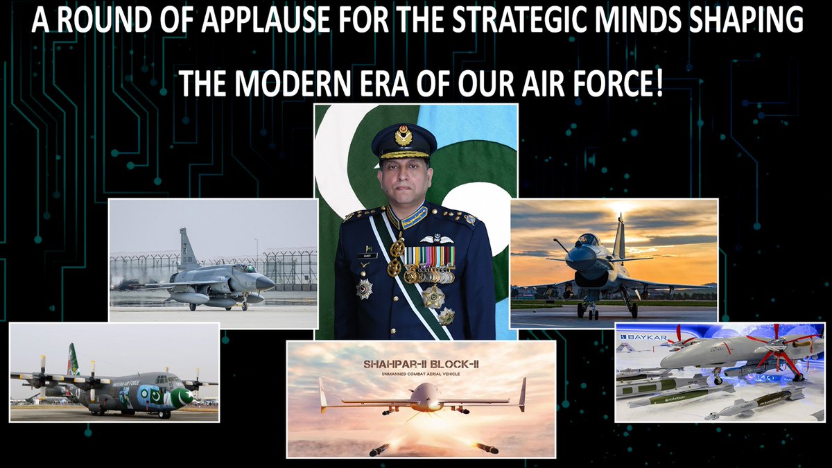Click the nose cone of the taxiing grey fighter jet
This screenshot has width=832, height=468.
(x=267, y=282)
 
